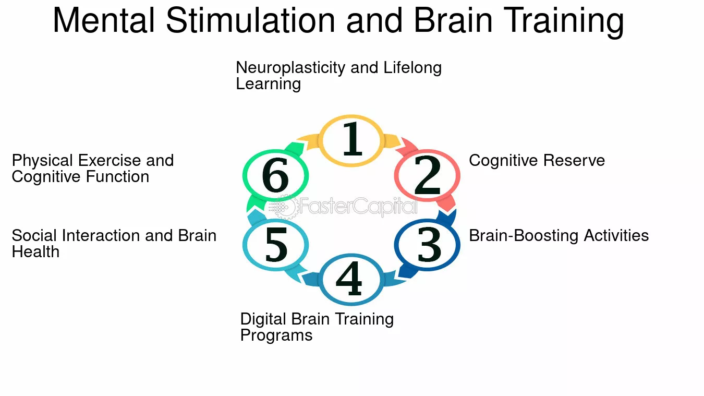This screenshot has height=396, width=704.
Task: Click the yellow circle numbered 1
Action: tap(351, 139)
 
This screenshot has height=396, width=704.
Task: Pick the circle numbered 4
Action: tap(350, 279)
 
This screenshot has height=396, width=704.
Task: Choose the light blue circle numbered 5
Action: tap(276, 245)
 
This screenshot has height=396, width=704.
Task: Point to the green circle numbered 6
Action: tap(275, 176)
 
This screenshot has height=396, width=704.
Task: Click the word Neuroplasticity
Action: tap(282, 68)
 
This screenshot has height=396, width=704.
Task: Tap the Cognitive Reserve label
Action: tap(537, 160)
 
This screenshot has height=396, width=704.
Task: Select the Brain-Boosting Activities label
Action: tap(559, 235)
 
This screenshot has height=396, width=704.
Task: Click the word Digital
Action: tap(264, 319)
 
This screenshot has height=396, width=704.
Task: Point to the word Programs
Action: tap(276, 335)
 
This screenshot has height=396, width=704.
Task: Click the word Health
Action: tap(35, 252)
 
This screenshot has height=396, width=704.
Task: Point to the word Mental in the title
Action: tap(104, 21)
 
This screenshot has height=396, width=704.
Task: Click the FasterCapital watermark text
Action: tap(357, 207)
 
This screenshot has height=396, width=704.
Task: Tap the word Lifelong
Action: tap(412, 68)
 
